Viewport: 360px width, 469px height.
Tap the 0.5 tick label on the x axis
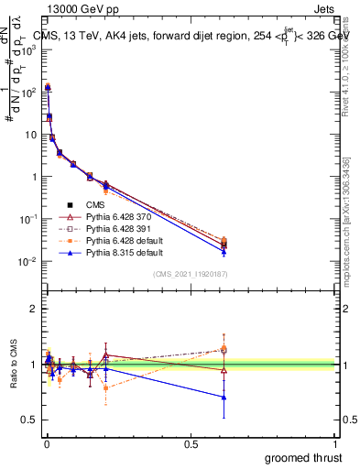191,442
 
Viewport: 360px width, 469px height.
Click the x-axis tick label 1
335,442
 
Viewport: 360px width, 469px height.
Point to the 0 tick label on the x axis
47,442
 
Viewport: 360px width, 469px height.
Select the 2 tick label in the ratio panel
33,309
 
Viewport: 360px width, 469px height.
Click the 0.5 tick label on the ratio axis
29,420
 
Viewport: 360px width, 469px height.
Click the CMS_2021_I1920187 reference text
189,272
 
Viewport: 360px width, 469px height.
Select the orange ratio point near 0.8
106,387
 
